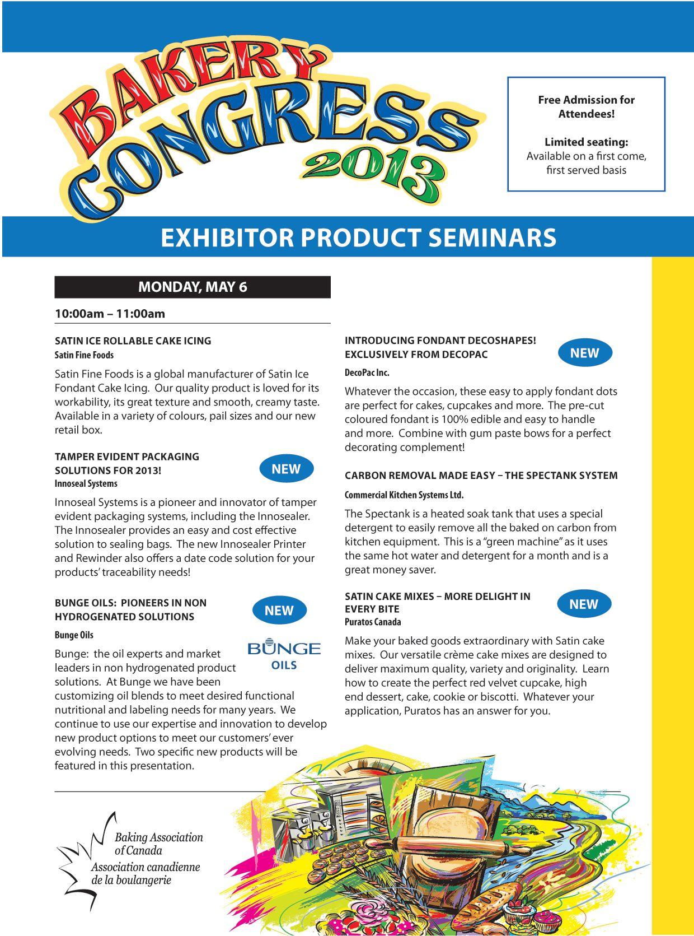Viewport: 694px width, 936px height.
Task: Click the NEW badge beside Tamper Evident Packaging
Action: (286, 469)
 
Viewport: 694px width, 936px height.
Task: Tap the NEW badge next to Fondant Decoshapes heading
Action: (584, 353)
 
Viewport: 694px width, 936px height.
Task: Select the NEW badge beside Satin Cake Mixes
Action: (584, 604)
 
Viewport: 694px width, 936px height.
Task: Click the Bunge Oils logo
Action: (284, 653)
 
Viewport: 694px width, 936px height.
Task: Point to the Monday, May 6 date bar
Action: (193, 287)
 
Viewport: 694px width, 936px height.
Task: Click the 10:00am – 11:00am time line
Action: (110, 314)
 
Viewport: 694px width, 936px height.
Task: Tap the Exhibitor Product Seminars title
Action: (358, 237)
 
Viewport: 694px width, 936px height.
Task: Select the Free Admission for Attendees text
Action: (586, 106)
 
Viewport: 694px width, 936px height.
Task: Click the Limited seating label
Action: (586, 142)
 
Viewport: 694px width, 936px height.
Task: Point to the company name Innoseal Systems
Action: (86, 483)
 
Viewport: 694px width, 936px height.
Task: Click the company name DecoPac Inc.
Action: (367, 372)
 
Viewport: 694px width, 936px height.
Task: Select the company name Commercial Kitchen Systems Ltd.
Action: (404, 495)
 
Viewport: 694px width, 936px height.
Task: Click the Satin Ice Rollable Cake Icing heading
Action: (133, 341)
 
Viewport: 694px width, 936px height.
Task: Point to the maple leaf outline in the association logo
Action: (78, 851)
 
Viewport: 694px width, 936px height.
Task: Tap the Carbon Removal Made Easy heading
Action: (481, 476)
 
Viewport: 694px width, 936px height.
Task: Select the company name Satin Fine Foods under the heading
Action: (84, 355)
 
